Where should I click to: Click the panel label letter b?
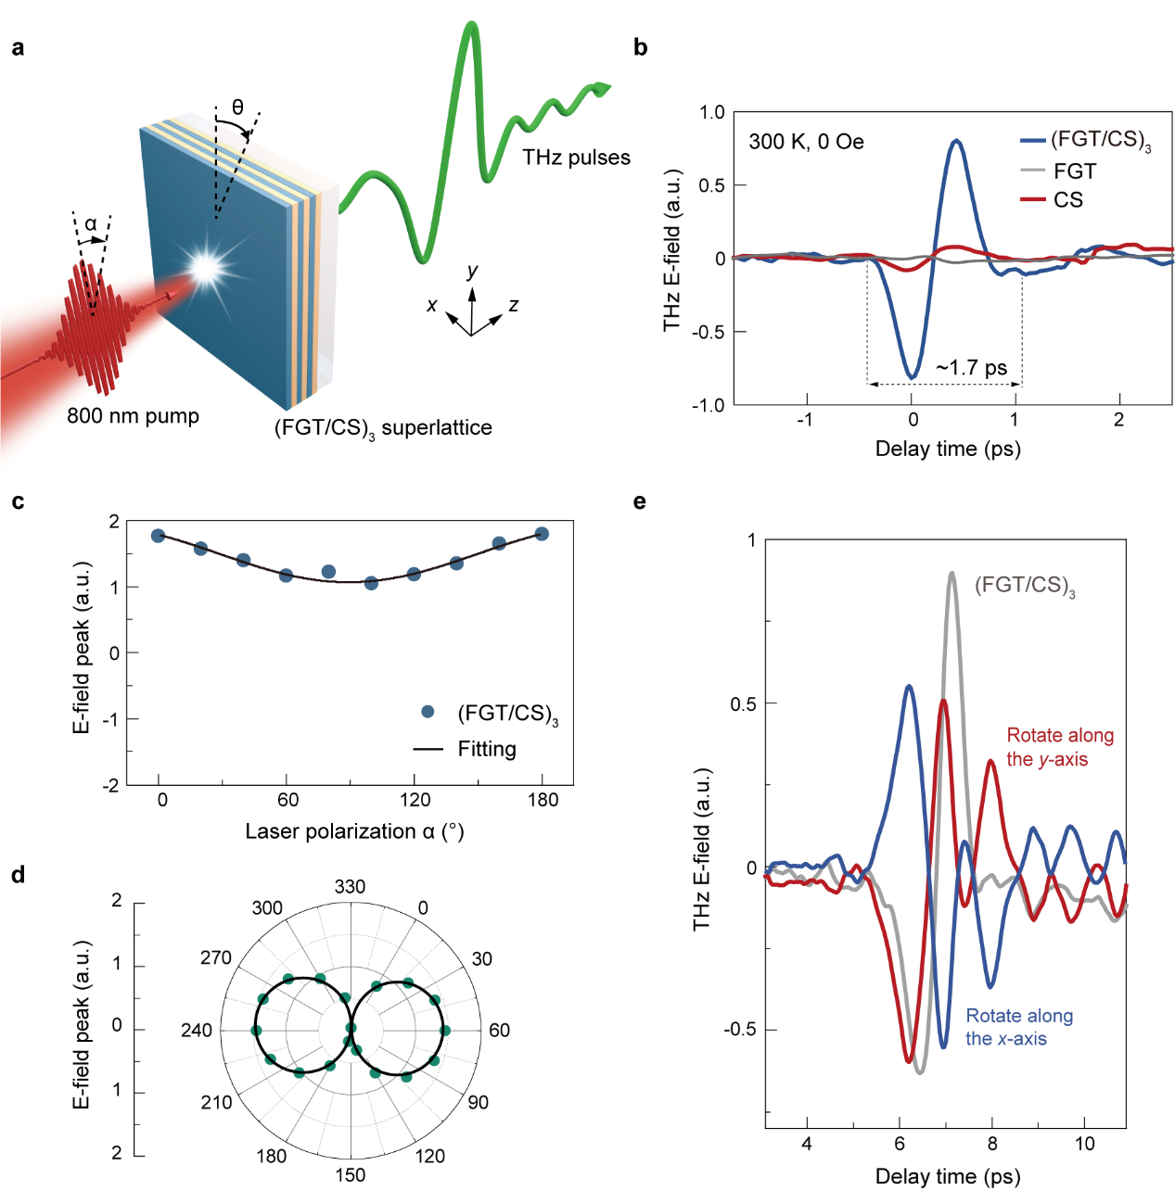(x=640, y=48)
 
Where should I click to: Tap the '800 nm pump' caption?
(x=133, y=416)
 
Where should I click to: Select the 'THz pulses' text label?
(x=576, y=158)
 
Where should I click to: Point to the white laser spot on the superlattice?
(x=206, y=267)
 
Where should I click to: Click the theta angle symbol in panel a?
(x=237, y=108)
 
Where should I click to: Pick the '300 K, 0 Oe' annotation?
(x=806, y=142)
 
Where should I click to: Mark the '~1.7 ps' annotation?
(x=971, y=368)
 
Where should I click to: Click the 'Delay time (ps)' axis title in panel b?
(x=948, y=450)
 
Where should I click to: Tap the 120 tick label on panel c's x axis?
(x=415, y=800)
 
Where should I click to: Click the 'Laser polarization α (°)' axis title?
(x=354, y=831)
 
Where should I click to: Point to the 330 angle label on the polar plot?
(x=350, y=887)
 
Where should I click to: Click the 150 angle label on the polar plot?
(x=350, y=1175)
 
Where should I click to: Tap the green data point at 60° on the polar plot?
(x=444, y=1031)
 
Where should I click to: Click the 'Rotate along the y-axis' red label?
(x=1060, y=747)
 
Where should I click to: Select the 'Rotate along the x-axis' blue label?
(x=1019, y=1027)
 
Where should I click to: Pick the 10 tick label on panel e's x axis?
(x=1084, y=1144)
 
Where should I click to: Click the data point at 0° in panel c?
(x=159, y=536)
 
